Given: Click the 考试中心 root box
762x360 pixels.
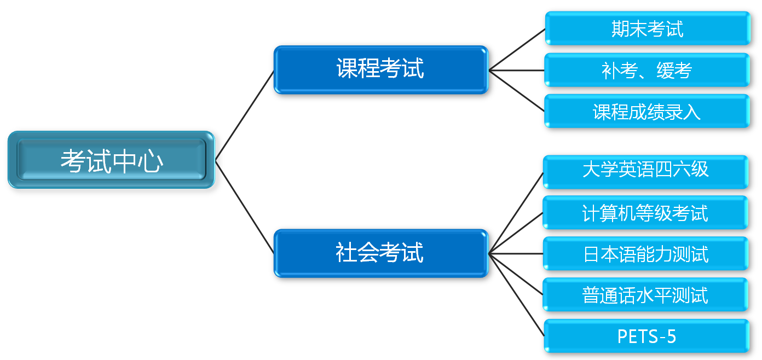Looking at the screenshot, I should click(111, 160).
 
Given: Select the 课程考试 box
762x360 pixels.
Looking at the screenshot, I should click(380, 70).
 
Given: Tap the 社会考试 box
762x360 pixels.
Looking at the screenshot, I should click(380, 253).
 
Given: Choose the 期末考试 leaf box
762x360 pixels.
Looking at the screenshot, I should click(647, 28).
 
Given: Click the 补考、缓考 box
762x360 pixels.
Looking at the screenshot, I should click(647, 70).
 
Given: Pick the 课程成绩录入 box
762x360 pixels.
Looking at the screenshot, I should click(647, 112).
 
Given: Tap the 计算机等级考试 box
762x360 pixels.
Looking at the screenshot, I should click(645, 213).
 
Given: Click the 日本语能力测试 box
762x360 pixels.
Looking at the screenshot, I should click(645, 254).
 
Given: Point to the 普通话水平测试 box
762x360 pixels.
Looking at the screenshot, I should click(645, 295).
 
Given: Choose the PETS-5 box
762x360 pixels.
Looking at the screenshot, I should click(646, 336).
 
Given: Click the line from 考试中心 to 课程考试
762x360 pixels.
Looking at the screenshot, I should click(245, 115).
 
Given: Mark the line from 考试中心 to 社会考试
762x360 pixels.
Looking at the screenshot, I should click(245, 207).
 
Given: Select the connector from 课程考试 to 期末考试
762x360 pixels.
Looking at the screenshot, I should click(517, 49).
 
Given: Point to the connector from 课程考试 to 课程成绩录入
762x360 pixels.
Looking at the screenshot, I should click(517, 91).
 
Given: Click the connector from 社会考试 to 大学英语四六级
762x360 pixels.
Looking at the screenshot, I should click(516, 213).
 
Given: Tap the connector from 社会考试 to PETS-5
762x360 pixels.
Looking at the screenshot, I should click(517, 294).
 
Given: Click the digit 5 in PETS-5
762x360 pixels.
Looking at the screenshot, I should click(671, 336).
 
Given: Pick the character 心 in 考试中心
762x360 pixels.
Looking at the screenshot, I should click(151, 161).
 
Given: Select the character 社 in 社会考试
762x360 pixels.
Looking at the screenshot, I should click(346, 253).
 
